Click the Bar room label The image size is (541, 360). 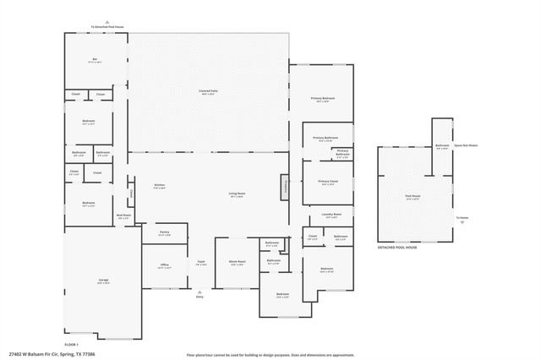click(x=95, y=59)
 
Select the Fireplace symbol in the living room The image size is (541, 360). click(x=286, y=187)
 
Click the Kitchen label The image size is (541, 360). click(x=159, y=186)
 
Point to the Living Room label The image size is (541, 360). click(x=237, y=195)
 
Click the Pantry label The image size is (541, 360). click(x=165, y=234)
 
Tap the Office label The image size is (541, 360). click(x=165, y=266)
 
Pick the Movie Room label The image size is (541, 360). click(x=238, y=264)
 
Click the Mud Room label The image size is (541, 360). click(x=123, y=217)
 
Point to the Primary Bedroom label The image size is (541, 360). click(x=322, y=100)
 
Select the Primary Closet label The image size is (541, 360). click(x=328, y=183)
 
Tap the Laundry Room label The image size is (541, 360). click(x=331, y=216)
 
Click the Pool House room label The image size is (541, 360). click(x=414, y=198)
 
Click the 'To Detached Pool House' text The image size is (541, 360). click(x=107, y=27)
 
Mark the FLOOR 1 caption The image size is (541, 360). click(x=71, y=344)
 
